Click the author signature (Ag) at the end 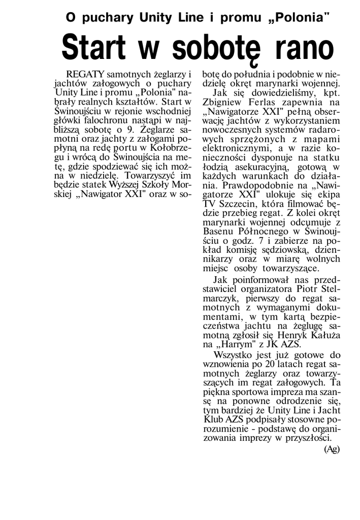click(331, 449)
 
